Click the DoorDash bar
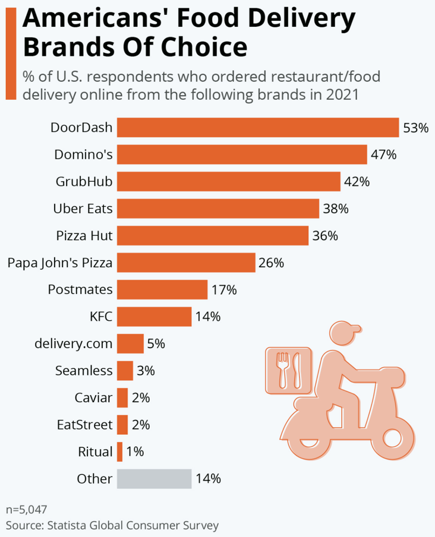pos(257,127)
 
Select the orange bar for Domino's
pos(242,154)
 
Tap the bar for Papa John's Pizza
pos(186,262)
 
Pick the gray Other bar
pos(154,478)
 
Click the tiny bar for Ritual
pos(119,451)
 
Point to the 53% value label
pos(415,128)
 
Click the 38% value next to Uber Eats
pos(335,209)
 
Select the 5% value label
pos(156,343)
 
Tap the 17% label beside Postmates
pos(223,290)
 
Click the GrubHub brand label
pos(84,181)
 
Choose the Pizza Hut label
pos(84,235)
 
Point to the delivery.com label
pos(74,343)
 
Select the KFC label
pos(100,317)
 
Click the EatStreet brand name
pos(84,425)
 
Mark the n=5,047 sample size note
pos(27,510)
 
